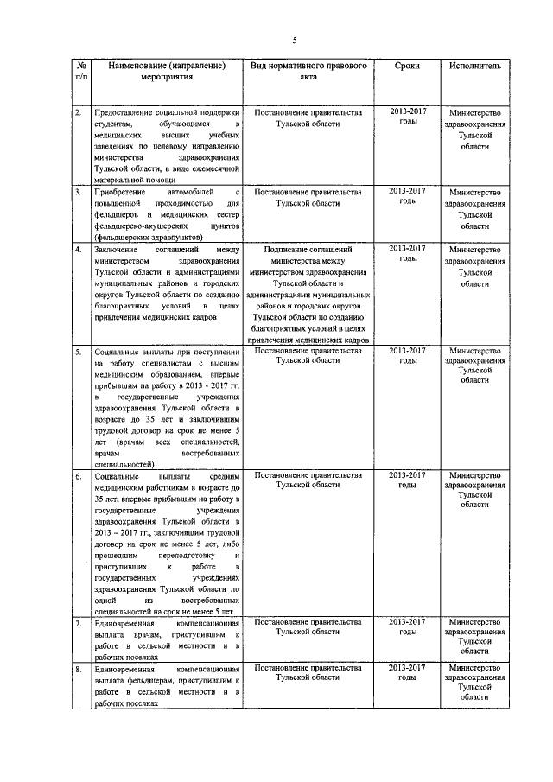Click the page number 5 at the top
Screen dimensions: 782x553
click(295, 41)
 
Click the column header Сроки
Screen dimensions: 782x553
click(407, 66)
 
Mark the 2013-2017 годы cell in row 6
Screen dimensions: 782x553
click(407, 480)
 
